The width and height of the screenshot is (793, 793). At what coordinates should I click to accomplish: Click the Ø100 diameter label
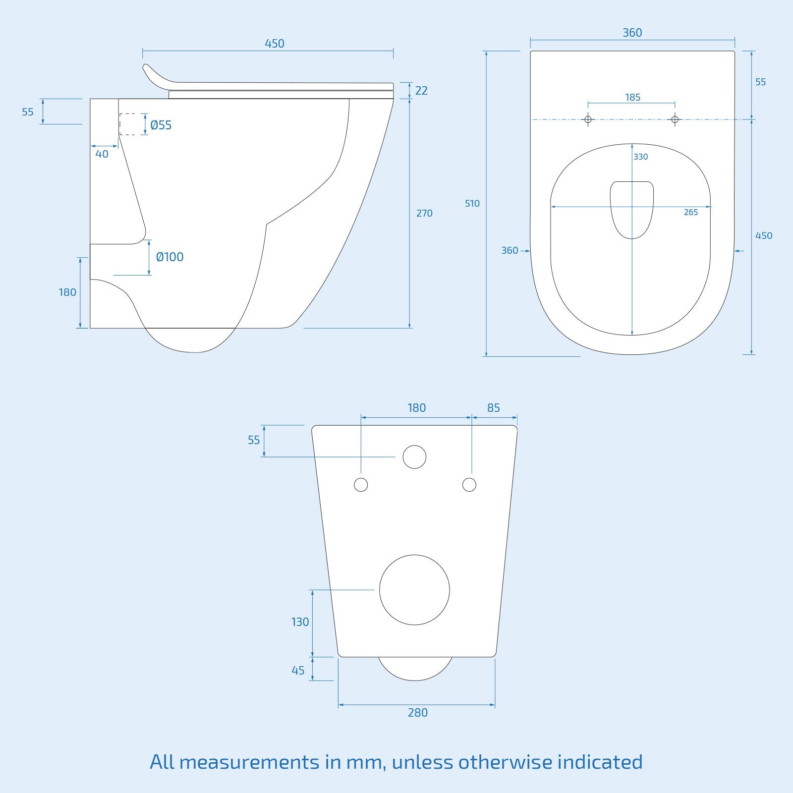(170, 257)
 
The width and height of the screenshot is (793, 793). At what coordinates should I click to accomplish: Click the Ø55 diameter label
(161, 125)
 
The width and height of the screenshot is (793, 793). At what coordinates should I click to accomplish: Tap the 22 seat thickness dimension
(421, 91)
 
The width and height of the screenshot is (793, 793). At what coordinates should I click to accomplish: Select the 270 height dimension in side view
(424, 213)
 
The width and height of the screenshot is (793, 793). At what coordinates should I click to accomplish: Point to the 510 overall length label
(472, 203)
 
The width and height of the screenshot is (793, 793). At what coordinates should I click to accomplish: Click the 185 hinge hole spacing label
(632, 97)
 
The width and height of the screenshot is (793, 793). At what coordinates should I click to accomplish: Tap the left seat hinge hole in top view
(588, 119)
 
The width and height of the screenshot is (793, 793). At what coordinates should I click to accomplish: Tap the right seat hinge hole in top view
(675, 119)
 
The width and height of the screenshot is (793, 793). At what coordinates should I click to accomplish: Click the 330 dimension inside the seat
(640, 157)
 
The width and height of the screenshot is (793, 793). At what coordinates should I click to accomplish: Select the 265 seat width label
(690, 212)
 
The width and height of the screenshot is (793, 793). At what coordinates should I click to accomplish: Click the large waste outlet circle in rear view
(414, 590)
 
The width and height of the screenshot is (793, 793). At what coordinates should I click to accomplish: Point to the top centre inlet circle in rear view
(414, 457)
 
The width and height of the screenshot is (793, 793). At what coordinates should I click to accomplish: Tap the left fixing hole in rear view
(361, 485)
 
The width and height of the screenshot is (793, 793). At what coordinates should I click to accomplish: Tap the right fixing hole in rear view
(469, 485)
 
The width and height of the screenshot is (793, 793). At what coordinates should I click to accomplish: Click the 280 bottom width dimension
(417, 713)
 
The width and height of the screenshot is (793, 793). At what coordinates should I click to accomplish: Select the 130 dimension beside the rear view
(300, 622)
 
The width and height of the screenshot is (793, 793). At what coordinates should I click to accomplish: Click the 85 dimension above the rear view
(493, 408)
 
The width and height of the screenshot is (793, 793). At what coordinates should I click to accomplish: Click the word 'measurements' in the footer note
(249, 762)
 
